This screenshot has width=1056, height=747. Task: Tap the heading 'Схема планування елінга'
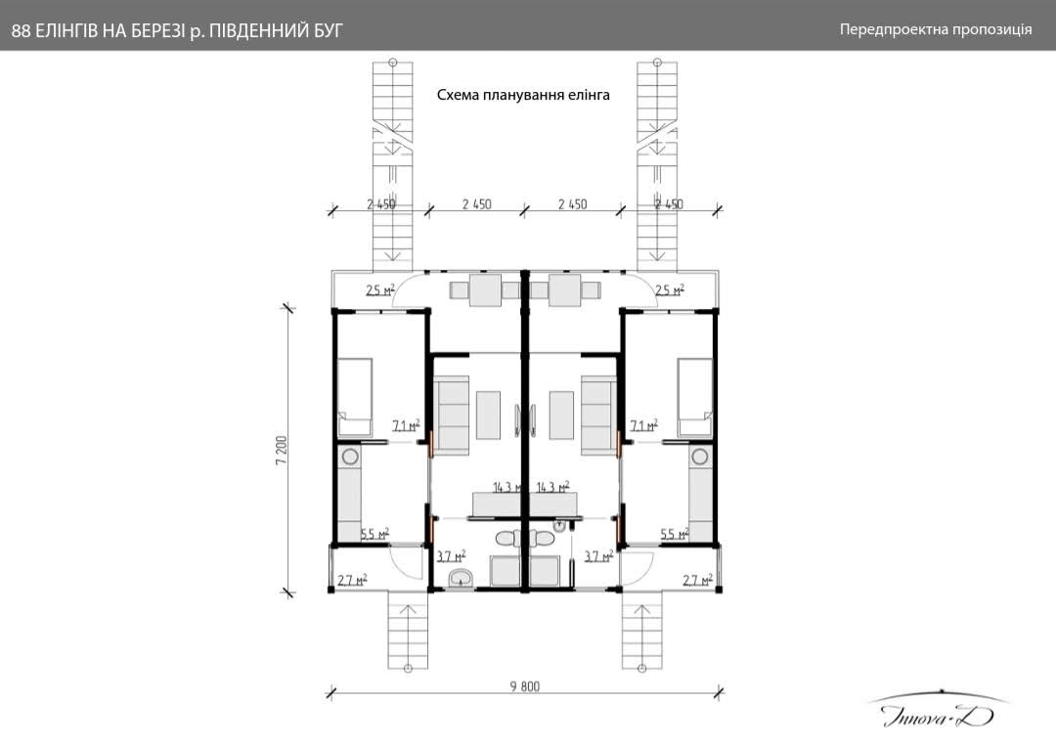point(523,95)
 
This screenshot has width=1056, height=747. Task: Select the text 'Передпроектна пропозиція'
point(936,29)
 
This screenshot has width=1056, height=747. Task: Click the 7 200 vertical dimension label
point(281,451)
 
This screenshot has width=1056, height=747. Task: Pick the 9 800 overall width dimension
point(524,685)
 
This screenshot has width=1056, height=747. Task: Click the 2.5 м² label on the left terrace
point(379,290)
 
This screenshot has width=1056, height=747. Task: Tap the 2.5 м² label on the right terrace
point(669,290)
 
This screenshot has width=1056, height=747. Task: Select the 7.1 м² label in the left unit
point(406,426)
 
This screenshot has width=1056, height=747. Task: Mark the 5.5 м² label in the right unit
point(675,534)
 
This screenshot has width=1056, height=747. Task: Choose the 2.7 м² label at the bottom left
point(351,580)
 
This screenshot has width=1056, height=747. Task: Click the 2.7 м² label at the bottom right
point(697,580)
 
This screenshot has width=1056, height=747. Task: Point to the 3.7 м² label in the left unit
point(450,556)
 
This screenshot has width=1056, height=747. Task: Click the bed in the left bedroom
point(355,396)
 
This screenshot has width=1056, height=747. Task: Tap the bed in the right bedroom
point(694,396)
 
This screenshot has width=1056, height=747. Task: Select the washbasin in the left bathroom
point(460,581)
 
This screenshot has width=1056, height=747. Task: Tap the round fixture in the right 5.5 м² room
point(699,457)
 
